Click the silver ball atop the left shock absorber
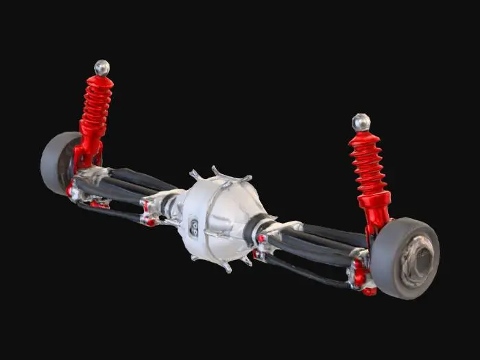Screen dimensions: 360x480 coord(101,67)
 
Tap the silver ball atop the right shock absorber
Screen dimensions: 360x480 coord(361,123)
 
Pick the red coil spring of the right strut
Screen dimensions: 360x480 coord(368,165)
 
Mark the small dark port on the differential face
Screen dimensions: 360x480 coord(194,227)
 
